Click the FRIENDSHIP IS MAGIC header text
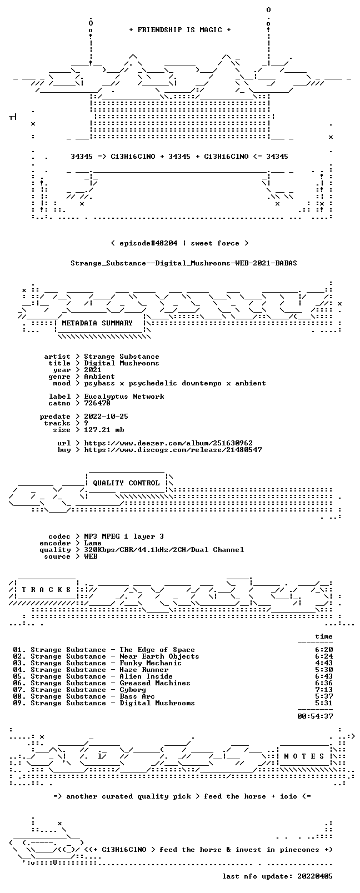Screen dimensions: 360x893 point(180,30)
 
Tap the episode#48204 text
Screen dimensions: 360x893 point(148,243)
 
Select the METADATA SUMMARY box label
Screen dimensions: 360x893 point(97,323)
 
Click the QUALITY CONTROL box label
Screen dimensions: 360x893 point(126,483)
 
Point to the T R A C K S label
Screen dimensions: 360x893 point(46,590)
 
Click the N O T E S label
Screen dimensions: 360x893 point(304,756)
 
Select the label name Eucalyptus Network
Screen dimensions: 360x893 point(124,397)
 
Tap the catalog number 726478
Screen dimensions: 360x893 point(97,403)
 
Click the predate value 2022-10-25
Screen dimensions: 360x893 point(106,416)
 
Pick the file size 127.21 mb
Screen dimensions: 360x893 point(104,430)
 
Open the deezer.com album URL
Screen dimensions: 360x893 point(168,443)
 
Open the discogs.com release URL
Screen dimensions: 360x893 point(173,450)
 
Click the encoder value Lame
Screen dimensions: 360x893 point(92,543)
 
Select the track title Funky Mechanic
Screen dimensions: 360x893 point(151,663)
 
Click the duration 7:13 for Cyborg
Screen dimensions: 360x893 point(324,690)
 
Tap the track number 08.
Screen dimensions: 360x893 point(18,696)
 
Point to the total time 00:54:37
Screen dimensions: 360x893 point(315,716)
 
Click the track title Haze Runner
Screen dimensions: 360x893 point(143,670)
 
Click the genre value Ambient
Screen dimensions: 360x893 point(99,377)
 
